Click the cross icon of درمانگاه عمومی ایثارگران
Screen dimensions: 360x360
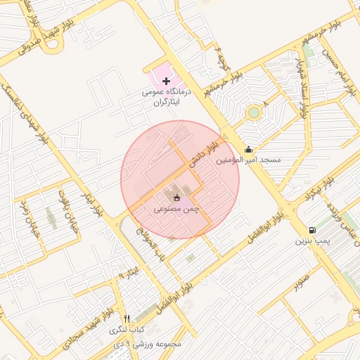pos(166,82)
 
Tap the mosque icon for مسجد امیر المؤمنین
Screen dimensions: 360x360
pos(248,149)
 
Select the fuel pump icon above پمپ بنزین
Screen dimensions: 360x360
pos(312,230)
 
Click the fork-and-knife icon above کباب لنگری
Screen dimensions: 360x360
pos(127,319)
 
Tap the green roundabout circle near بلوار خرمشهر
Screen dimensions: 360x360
pos(253,112)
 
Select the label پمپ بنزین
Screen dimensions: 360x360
pos(312,241)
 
